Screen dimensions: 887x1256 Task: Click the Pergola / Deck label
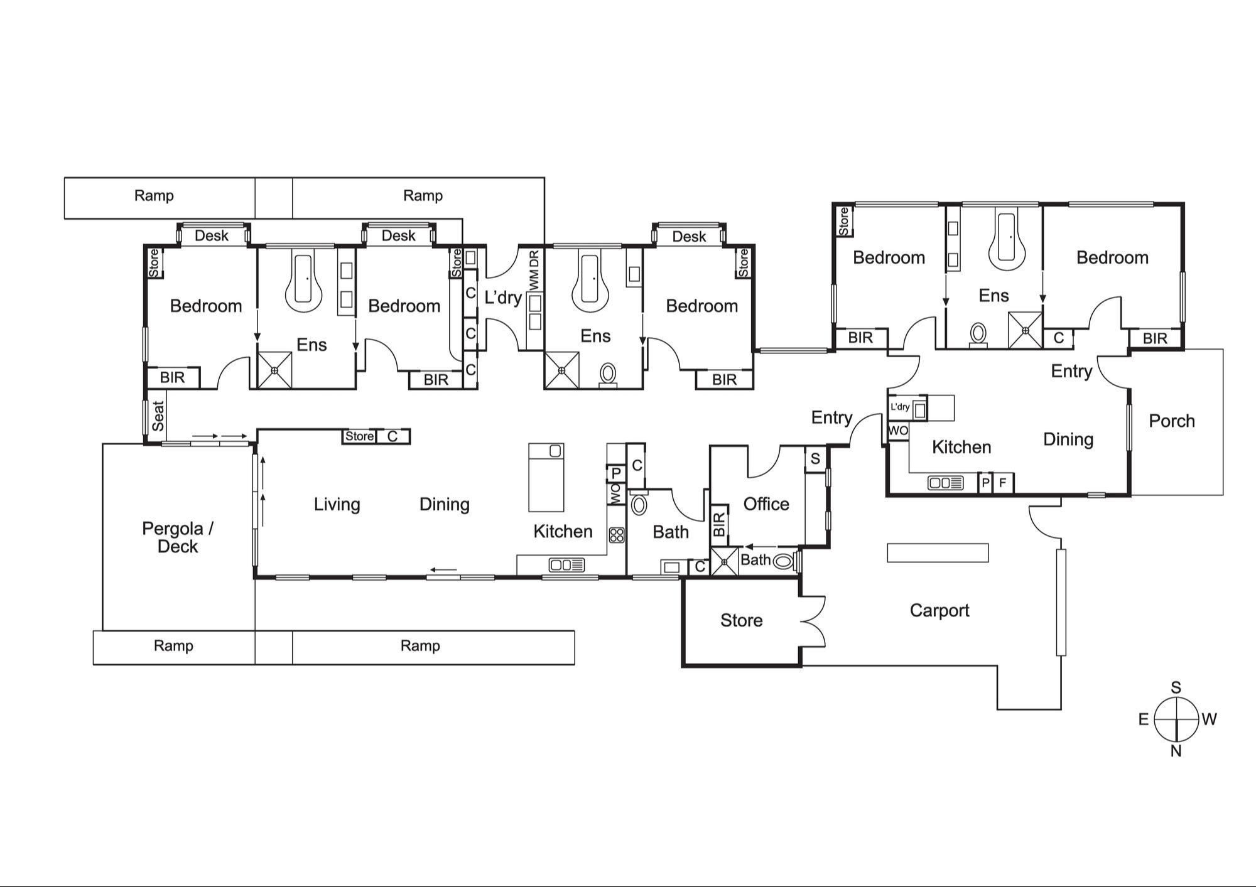point(178,537)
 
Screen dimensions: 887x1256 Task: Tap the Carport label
point(939,610)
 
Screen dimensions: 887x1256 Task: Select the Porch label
point(1172,421)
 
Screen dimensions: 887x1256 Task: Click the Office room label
point(766,503)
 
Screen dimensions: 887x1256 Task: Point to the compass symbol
point(1177,719)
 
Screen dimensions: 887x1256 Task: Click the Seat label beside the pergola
point(158,416)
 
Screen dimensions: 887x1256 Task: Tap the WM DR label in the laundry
point(534,271)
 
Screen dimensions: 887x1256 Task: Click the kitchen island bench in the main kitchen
point(546,477)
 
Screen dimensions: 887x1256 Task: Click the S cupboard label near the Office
point(815,459)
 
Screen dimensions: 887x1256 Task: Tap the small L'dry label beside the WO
point(899,407)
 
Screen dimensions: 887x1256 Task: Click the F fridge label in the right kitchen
point(1002,483)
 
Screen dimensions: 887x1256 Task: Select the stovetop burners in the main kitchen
point(617,535)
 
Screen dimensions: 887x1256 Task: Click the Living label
point(337,504)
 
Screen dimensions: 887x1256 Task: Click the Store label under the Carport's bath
point(741,620)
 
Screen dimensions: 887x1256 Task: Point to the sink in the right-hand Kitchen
point(945,483)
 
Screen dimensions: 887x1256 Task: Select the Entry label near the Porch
point(1071,371)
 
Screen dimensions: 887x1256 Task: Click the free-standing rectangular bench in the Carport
point(938,552)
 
